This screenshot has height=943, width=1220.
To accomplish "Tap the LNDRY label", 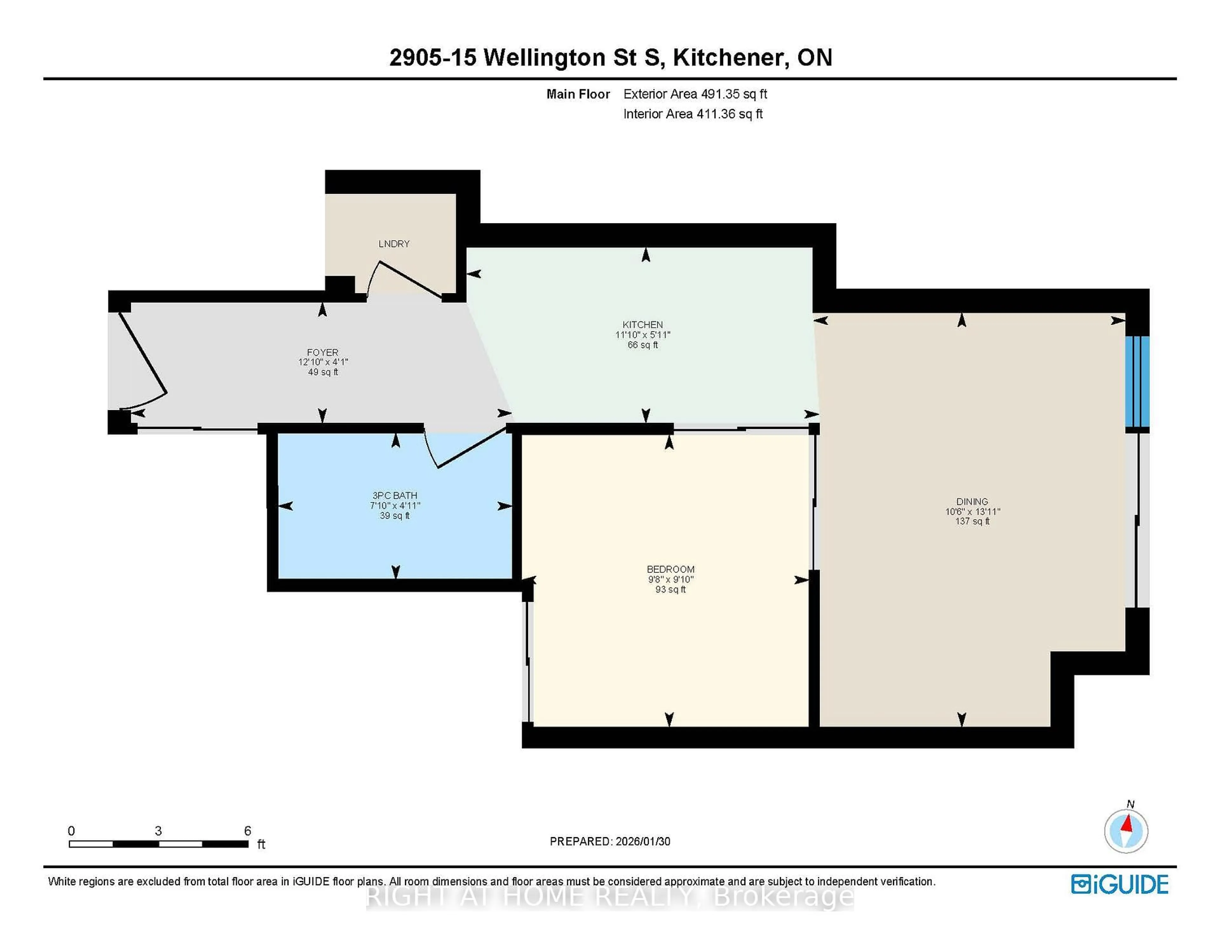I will [394, 244].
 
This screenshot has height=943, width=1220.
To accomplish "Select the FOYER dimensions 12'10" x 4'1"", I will [323, 362].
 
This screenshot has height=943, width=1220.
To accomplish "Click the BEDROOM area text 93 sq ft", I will [670, 589].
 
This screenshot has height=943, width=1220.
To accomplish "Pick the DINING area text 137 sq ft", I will [972, 521].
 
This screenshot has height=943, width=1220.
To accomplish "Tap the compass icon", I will [1126, 831].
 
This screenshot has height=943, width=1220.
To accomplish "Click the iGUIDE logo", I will [1120, 884].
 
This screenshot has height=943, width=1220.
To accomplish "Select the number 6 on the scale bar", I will [247, 831].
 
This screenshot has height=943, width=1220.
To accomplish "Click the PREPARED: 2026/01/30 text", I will [610, 841].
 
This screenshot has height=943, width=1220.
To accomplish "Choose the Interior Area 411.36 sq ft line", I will [693, 114].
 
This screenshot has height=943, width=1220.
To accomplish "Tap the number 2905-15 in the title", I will [433, 58].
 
